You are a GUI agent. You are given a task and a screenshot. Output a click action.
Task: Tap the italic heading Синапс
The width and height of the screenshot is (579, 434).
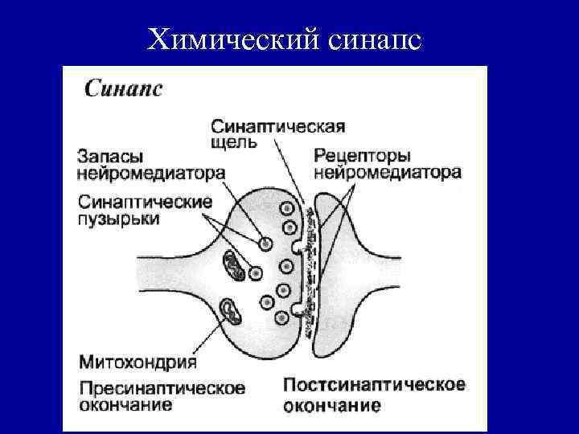pos(123,88)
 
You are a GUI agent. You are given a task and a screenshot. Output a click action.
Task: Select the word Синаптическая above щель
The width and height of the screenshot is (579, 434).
pos(278,126)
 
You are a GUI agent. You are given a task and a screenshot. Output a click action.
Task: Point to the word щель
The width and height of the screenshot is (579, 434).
pos(235,143)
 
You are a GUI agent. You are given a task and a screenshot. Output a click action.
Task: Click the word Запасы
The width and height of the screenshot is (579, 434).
pos(112,156)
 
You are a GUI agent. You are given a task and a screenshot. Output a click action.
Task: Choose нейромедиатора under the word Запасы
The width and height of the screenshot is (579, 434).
pos(151,173)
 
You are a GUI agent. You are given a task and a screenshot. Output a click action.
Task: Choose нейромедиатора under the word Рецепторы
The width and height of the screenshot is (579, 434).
pos(387,172)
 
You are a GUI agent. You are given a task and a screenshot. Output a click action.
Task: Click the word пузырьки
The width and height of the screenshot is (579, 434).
pos(119,219)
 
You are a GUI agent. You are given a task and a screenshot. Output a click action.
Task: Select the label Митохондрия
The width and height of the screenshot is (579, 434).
pos(138,362)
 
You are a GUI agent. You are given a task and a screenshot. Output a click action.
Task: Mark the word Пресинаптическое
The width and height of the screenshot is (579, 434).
pos(162,388)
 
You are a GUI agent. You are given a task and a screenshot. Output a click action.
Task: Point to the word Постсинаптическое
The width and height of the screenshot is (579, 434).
pos(374,384)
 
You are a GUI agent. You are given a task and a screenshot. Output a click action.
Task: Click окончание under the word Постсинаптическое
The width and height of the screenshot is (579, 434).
pos(332,404)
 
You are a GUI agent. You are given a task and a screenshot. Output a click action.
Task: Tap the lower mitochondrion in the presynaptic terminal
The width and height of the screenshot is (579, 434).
pos(232,311)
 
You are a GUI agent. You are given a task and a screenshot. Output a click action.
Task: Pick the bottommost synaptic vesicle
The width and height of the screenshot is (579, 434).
pos(281,317)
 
